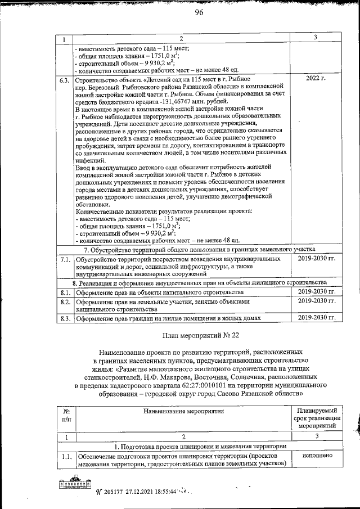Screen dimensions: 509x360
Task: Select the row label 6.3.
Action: pos(65,80)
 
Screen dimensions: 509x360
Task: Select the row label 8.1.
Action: pos(65,292)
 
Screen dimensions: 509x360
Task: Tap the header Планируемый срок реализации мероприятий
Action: pos(317,419)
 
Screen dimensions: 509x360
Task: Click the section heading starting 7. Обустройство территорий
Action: pos(199,249)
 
